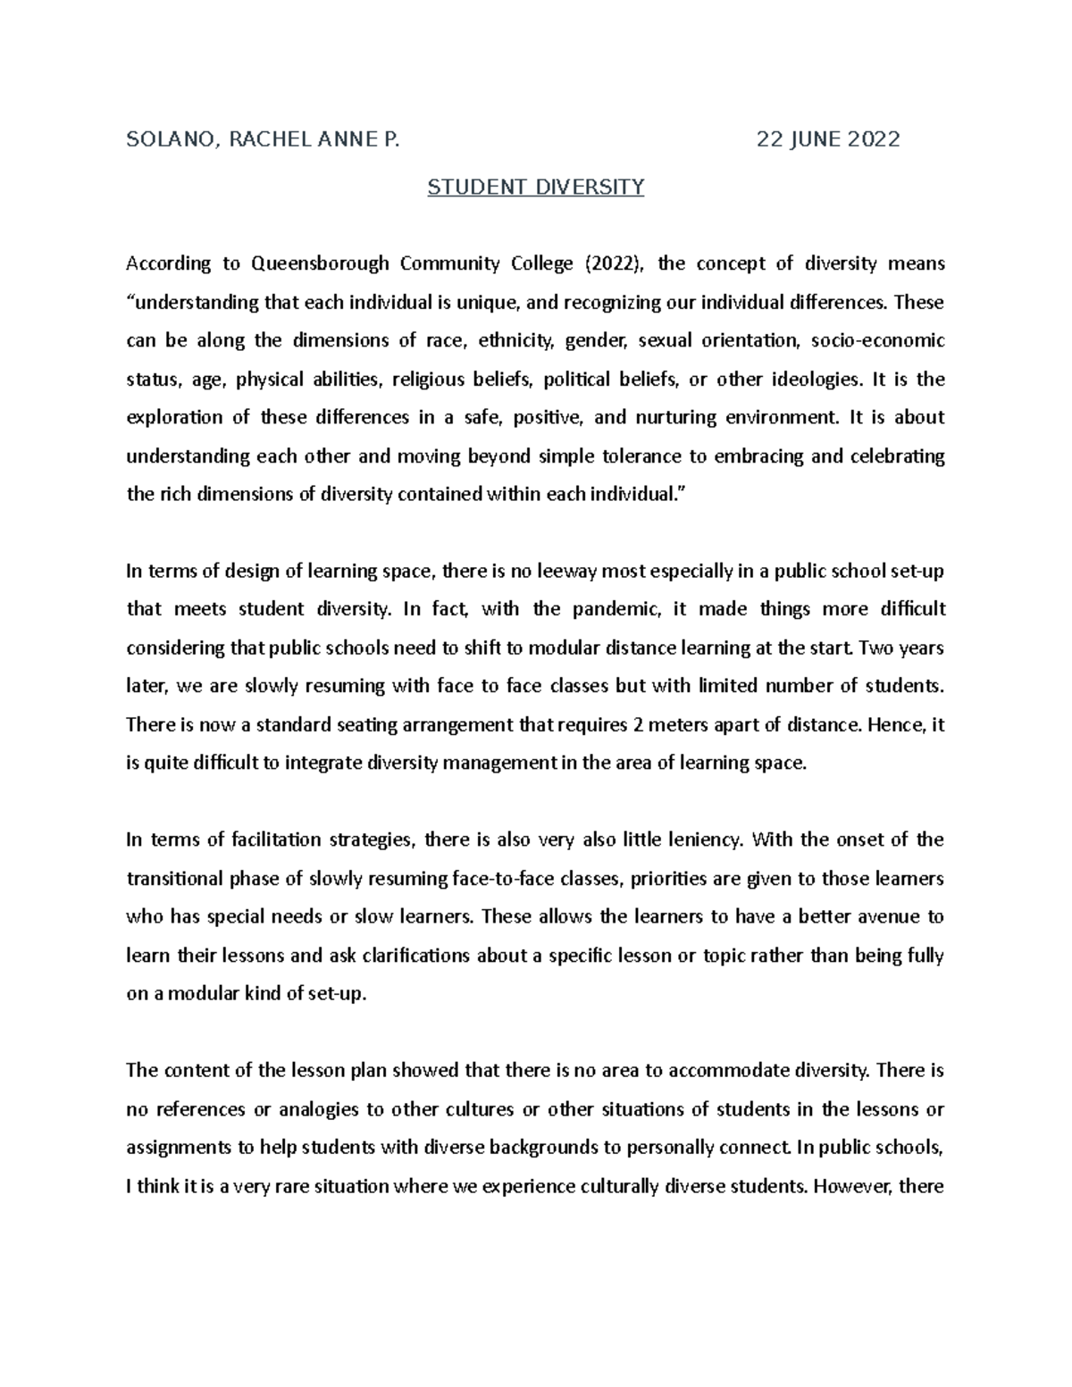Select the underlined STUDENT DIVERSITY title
pyautogui.click(x=536, y=188)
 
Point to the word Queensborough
pyautogui.click(x=320, y=263)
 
